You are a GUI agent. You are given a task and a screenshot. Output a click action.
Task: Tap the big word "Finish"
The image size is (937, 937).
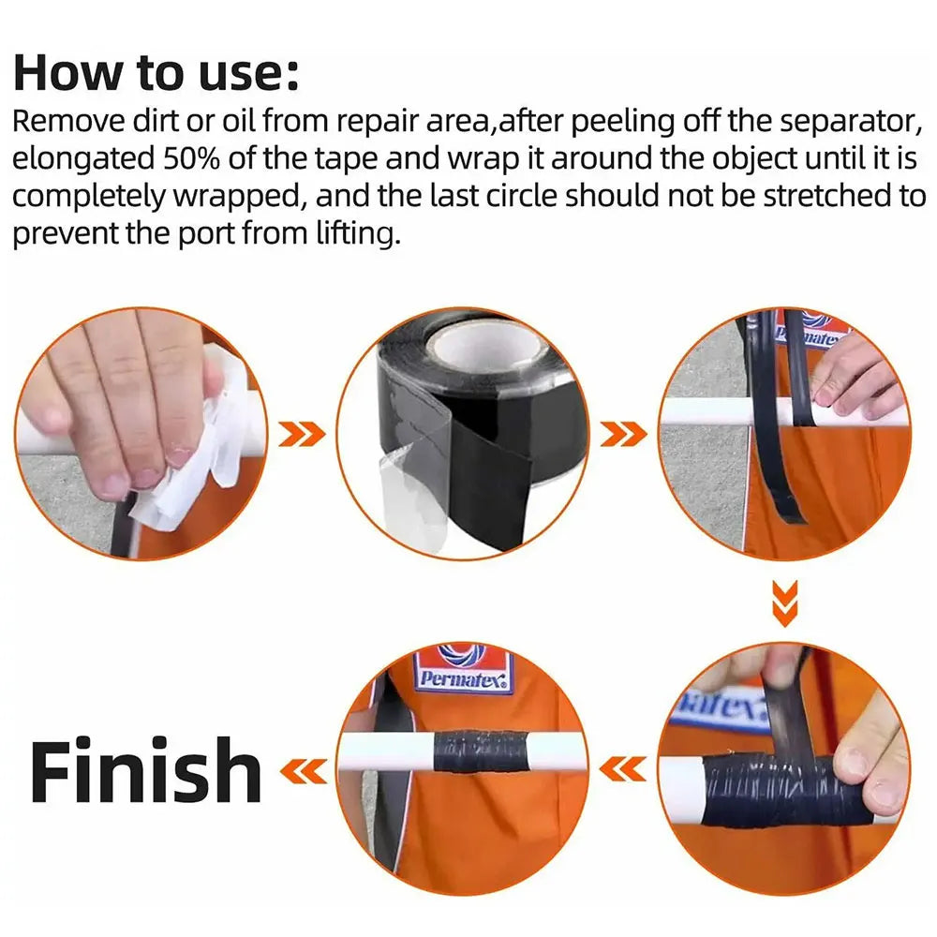click(145, 771)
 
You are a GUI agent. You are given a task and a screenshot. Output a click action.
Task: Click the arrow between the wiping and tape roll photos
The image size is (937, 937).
click(302, 433)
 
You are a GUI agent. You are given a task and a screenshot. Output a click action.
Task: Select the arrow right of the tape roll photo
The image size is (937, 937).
click(623, 433)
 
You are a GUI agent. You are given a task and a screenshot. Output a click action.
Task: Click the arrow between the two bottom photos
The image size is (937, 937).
click(623, 770)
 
